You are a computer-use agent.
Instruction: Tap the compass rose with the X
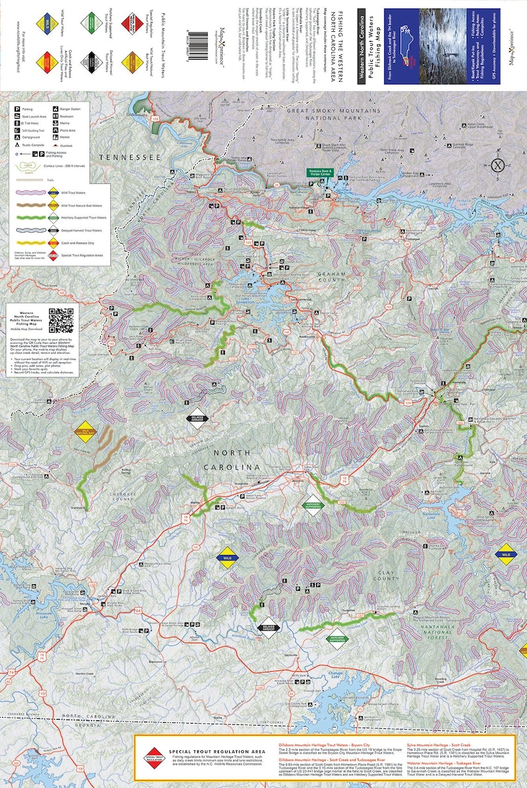tap(496, 166)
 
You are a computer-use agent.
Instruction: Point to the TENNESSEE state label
tap(131, 157)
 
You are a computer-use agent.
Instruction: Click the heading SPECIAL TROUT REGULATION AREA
tap(218, 750)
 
